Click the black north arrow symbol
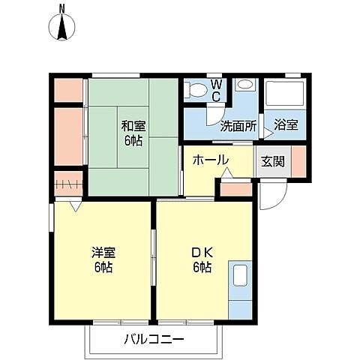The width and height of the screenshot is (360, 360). pyautogui.click(x=62, y=28)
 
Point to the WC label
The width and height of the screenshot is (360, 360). pyautogui.click(x=215, y=90)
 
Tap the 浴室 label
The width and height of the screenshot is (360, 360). pyautogui.click(x=285, y=125)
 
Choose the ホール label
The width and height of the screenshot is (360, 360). pyautogui.click(x=210, y=160)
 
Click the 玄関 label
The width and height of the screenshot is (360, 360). pyautogui.click(x=271, y=160)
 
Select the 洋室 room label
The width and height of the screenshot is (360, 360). pyautogui.click(x=103, y=259)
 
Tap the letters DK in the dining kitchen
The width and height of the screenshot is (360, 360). pyautogui.click(x=199, y=253)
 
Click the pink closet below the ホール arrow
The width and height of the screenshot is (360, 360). pyautogui.click(x=235, y=188)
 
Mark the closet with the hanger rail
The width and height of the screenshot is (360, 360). pyautogui.click(x=69, y=182)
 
